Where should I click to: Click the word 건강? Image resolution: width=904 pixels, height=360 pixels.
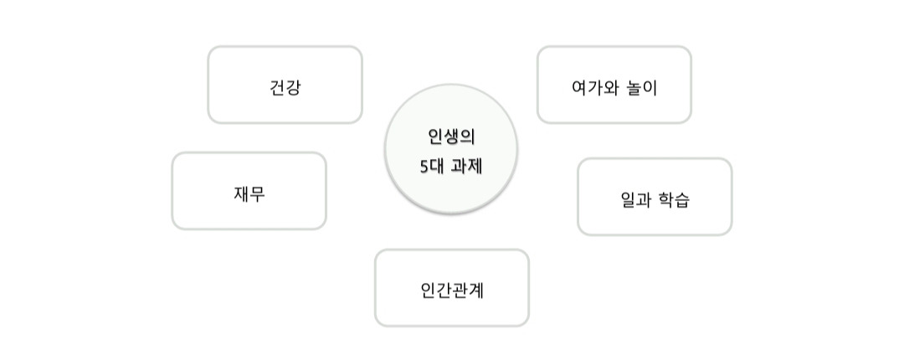coord(285,88)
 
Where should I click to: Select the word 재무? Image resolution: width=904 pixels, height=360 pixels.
coord(249,194)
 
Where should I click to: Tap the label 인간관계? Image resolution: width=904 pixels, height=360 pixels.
coord(452,291)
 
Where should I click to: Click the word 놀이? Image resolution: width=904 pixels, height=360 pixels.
coord(641,88)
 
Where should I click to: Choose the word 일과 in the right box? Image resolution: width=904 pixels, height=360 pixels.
coord(636,200)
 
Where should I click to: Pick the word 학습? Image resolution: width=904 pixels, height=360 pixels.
coord(675,200)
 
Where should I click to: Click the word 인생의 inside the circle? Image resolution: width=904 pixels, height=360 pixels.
coord(451,136)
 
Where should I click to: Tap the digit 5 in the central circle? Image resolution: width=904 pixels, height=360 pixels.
coord(424,166)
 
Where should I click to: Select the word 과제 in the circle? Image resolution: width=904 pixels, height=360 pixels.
coord(467,166)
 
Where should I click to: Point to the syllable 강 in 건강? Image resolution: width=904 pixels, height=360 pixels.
coord(292,88)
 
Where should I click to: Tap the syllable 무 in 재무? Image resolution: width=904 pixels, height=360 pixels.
coord(258,194)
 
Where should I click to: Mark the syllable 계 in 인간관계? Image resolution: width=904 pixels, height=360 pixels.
coord(475,291)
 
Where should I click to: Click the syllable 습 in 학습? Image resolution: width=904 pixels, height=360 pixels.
coord(682,200)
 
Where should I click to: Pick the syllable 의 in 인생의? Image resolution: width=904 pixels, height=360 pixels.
coord(467,136)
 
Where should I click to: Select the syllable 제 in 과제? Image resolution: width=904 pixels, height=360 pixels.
coord(475,166)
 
